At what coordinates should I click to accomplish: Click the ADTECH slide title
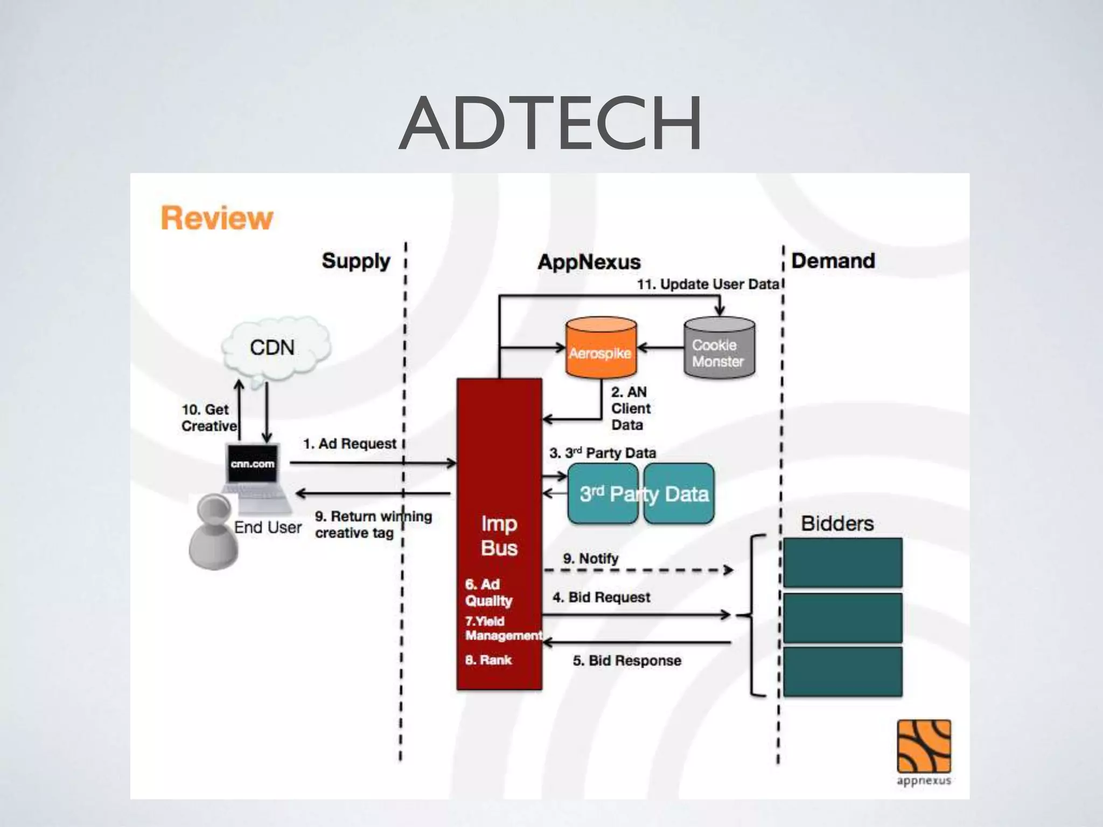point(550,123)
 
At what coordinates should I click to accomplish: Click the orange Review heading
point(217,218)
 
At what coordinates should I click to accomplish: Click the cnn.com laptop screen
point(253,464)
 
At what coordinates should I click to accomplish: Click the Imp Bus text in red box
point(499,536)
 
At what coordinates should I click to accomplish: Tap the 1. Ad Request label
point(350,444)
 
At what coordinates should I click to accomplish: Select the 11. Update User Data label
point(708,284)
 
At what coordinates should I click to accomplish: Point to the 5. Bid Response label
point(627,661)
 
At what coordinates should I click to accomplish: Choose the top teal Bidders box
point(842,562)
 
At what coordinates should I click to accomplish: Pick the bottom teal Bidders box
point(842,672)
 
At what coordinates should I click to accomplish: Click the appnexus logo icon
point(923,747)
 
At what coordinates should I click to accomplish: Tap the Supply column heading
point(355,261)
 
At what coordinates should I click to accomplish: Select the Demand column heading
point(833,261)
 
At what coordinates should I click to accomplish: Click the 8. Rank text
point(488,660)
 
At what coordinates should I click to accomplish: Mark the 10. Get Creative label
point(208,418)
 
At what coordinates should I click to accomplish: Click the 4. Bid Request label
point(601,597)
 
